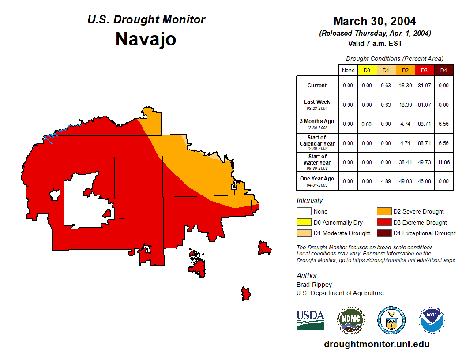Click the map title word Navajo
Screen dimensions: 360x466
pos(146,39)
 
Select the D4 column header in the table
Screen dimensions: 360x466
pos(443,70)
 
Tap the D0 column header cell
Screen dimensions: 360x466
pos(367,70)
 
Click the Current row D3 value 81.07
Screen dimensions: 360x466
pos(424,86)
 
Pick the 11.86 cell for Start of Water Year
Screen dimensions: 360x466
pos(443,162)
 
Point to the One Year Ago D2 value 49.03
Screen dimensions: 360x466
pos(405,181)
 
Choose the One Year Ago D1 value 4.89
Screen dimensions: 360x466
pos(386,181)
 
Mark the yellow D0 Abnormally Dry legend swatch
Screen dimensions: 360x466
pos(304,222)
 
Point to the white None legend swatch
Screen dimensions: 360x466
pos(304,212)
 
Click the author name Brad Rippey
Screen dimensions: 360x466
pos(314,285)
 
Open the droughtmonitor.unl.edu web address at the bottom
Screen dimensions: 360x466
pos(376,344)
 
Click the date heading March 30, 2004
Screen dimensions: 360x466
pos(374,21)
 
